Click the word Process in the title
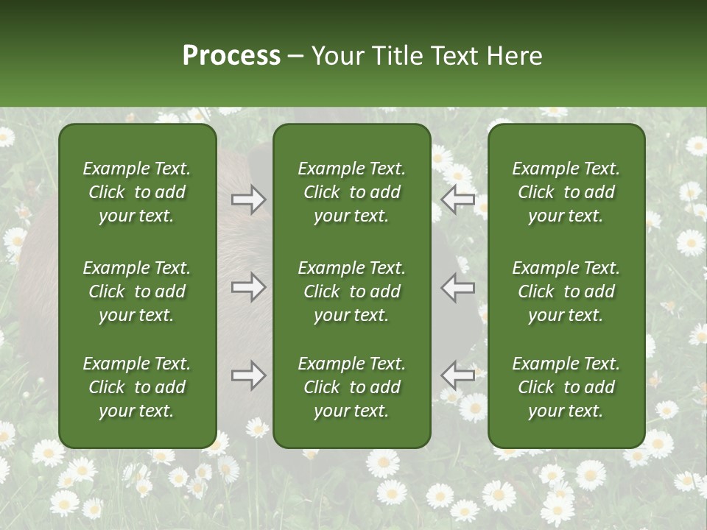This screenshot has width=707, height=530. coord(231,56)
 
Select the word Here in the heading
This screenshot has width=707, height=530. coord(514,56)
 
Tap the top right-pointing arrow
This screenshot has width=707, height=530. coord(248,199)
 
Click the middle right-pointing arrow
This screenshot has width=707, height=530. coord(248,287)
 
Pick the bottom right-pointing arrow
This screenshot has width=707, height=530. coord(248,375)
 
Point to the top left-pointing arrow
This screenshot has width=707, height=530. coord(457,199)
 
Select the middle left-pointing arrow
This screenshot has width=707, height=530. coord(457,287)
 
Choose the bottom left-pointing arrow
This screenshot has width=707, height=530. coord(457,375)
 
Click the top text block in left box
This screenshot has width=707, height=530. coord(137,192)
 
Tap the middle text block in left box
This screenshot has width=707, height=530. coord(137,291)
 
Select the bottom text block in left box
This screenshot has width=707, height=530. coord(137,387)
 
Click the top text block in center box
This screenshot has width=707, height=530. coord(351,192)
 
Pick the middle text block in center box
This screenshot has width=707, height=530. coord(351,291)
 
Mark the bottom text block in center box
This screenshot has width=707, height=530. coord(351,387)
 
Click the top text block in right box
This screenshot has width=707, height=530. coord(566,192)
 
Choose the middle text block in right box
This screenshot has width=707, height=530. coord(566,291)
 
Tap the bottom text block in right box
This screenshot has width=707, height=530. coord(566,387)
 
